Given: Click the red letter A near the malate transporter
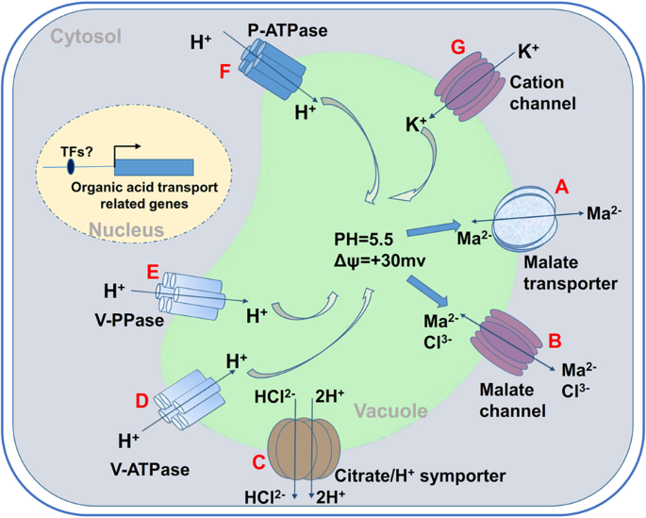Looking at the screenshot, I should [x=563, y=190].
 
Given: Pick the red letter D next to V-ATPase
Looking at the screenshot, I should [x=142, y=401].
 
